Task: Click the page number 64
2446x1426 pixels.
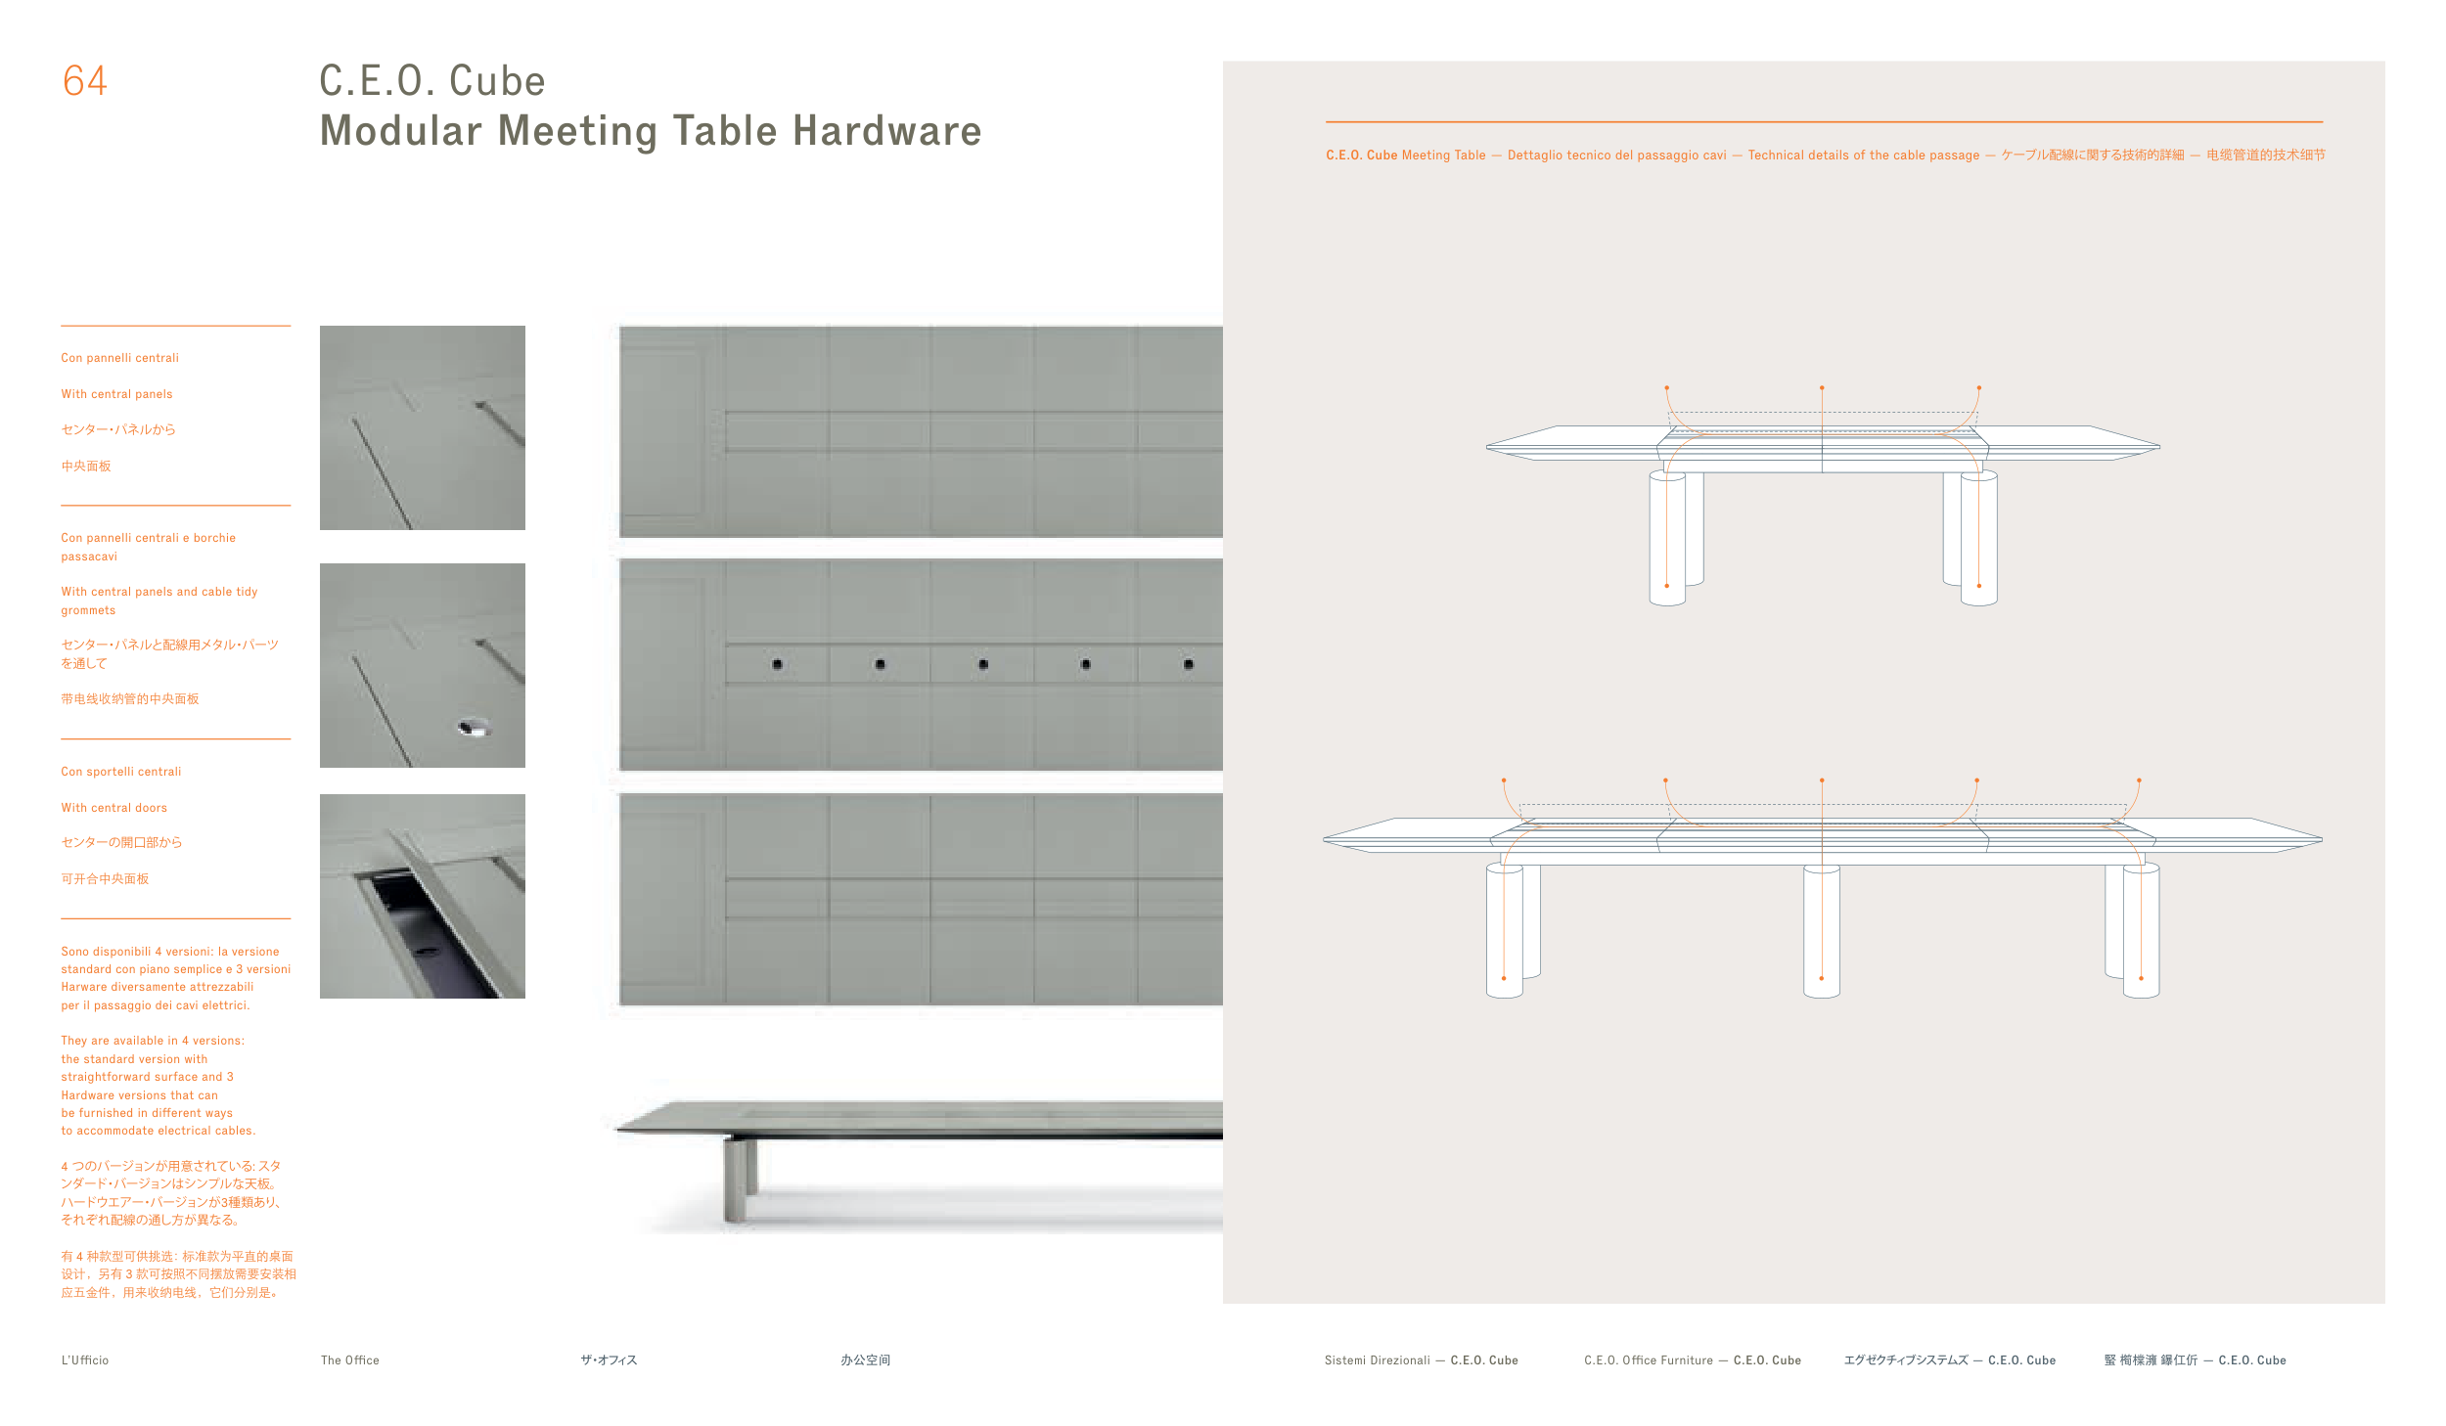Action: (x=85, y=81)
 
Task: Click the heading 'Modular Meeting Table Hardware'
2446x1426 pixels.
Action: (x=651, y=131)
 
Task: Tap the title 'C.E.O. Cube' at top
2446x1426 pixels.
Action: (x=432, y=81)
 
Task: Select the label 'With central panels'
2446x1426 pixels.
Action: (x=116, y=394)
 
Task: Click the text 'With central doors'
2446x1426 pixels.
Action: (x=113, y=808)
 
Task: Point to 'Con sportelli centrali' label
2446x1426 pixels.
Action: (x=120, y=772)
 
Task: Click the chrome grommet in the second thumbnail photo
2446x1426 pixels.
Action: (x=474, y=727)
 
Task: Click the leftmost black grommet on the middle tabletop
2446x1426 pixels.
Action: (x=777, y=664)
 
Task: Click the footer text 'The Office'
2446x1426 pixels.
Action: (x=349, y=1360)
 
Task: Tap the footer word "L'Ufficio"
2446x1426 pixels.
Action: (x=85, y=1360)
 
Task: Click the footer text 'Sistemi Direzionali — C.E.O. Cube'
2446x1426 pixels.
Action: (x=1421, y=1360)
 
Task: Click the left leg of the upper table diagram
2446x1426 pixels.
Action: (x=1676, y=538)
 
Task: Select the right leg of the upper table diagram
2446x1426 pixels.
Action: (x=1970, y=538)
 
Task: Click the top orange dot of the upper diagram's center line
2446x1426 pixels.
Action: (x=1822, y=387)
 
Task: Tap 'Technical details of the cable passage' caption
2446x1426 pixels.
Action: (x=1863, y=156)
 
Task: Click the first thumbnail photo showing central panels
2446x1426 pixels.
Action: (x=423, y=428)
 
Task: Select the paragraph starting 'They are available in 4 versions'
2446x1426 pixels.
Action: (x=158, y=1086)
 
